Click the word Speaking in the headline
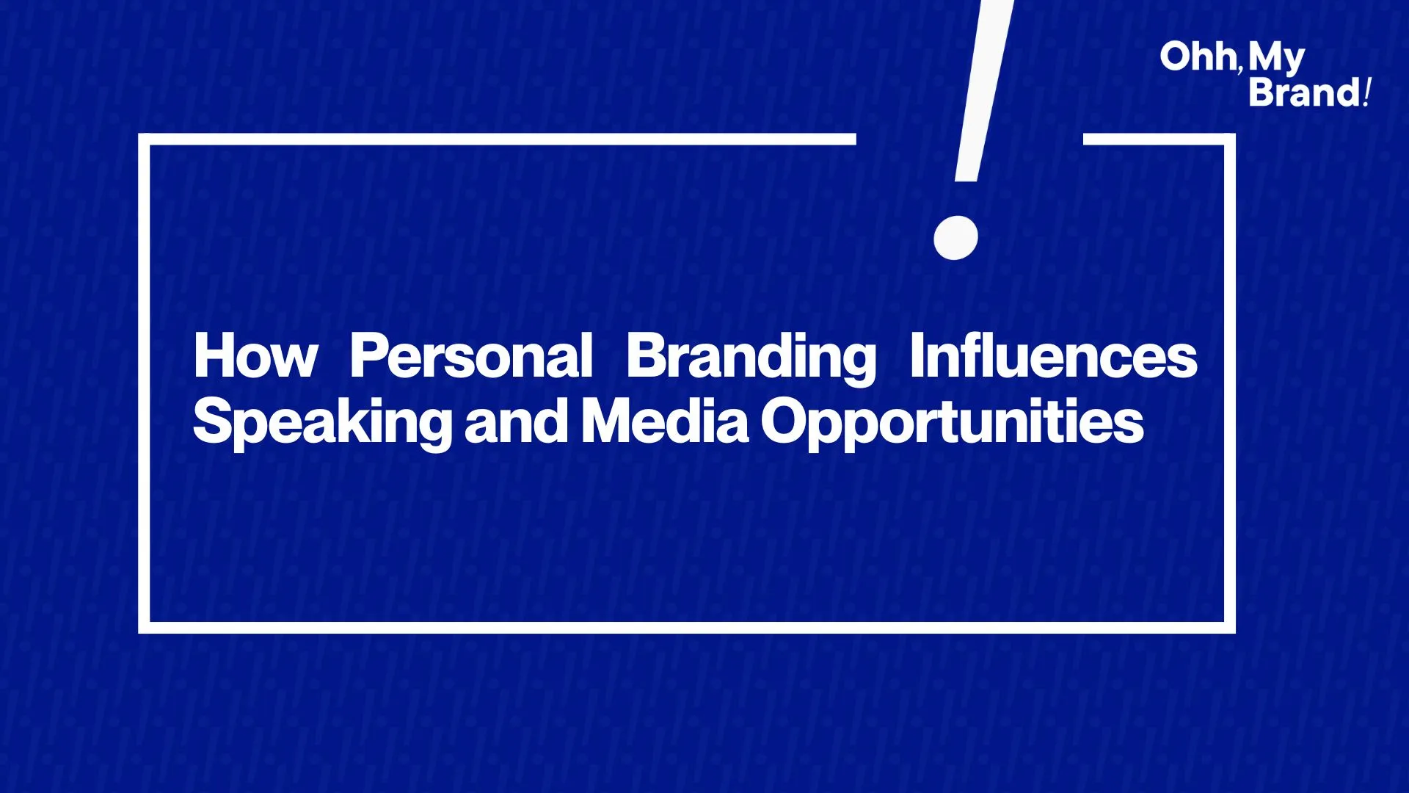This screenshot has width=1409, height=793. [323, 424]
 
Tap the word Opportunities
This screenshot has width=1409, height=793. [952, 424]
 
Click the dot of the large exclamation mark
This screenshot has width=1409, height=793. [955, 237]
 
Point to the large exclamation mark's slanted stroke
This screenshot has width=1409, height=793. [983, 90]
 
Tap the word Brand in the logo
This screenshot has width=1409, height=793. [1305, 93]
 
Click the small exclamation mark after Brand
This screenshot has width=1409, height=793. [1367, 93]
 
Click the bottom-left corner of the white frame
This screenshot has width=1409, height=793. [144, 628]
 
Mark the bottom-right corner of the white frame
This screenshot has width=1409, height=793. [1230, 628]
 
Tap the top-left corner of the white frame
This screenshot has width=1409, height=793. [144, 139]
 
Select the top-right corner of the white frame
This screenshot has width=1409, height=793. [1230, 139]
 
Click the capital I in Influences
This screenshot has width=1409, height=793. [917, 355]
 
